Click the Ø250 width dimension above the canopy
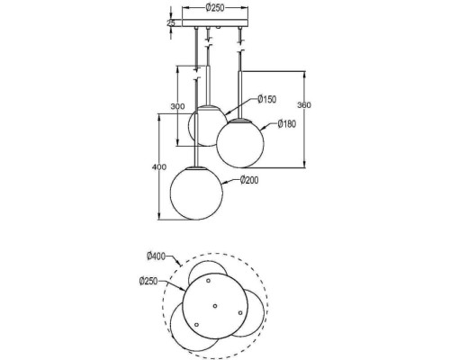[x=215, y=9]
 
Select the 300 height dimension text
[x=178, y=106]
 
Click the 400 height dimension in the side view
[x=159, y=167]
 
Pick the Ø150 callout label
[x=267, y=99]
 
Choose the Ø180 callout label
[x=288, y=123]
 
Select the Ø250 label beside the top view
[x=149, y=282]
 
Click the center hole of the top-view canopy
[x=215, y=306]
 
